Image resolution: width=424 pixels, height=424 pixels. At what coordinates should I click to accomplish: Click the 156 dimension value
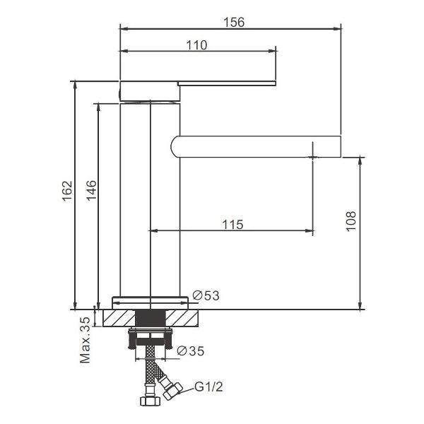[x=234, y=22]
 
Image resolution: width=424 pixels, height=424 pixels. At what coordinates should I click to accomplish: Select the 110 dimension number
[x=196, y=45]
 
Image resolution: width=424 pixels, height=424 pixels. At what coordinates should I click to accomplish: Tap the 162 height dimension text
[x=67, y=192]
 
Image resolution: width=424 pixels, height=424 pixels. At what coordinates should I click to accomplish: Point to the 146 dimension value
[x=91, y=190]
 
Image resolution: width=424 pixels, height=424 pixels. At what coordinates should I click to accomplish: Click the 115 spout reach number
[x=232, y=225]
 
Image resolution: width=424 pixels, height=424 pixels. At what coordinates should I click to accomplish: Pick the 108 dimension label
[x=351, y=221]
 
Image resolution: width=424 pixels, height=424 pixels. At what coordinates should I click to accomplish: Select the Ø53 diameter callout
[x=206, y=295]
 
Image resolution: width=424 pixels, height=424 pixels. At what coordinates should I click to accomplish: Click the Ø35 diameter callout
[x=190, y=351]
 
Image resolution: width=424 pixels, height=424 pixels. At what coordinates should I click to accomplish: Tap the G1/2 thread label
[x=208, y=387]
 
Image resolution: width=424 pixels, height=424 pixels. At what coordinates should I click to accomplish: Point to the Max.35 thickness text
[x=85, y=340]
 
